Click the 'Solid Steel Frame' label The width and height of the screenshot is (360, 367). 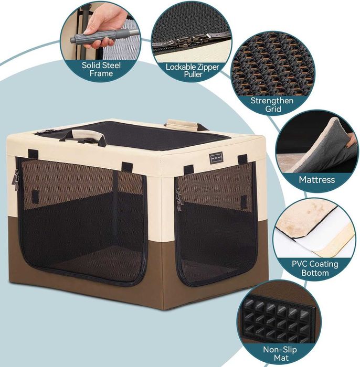click(x=101, y=69)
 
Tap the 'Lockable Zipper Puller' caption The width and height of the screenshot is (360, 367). click(x=192, y=71)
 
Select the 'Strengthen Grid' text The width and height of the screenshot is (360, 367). click(x=273, y=104)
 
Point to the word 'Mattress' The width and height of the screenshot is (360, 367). click(x=316, y=180)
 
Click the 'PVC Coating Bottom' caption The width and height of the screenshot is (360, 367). click(x=315, y=268)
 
